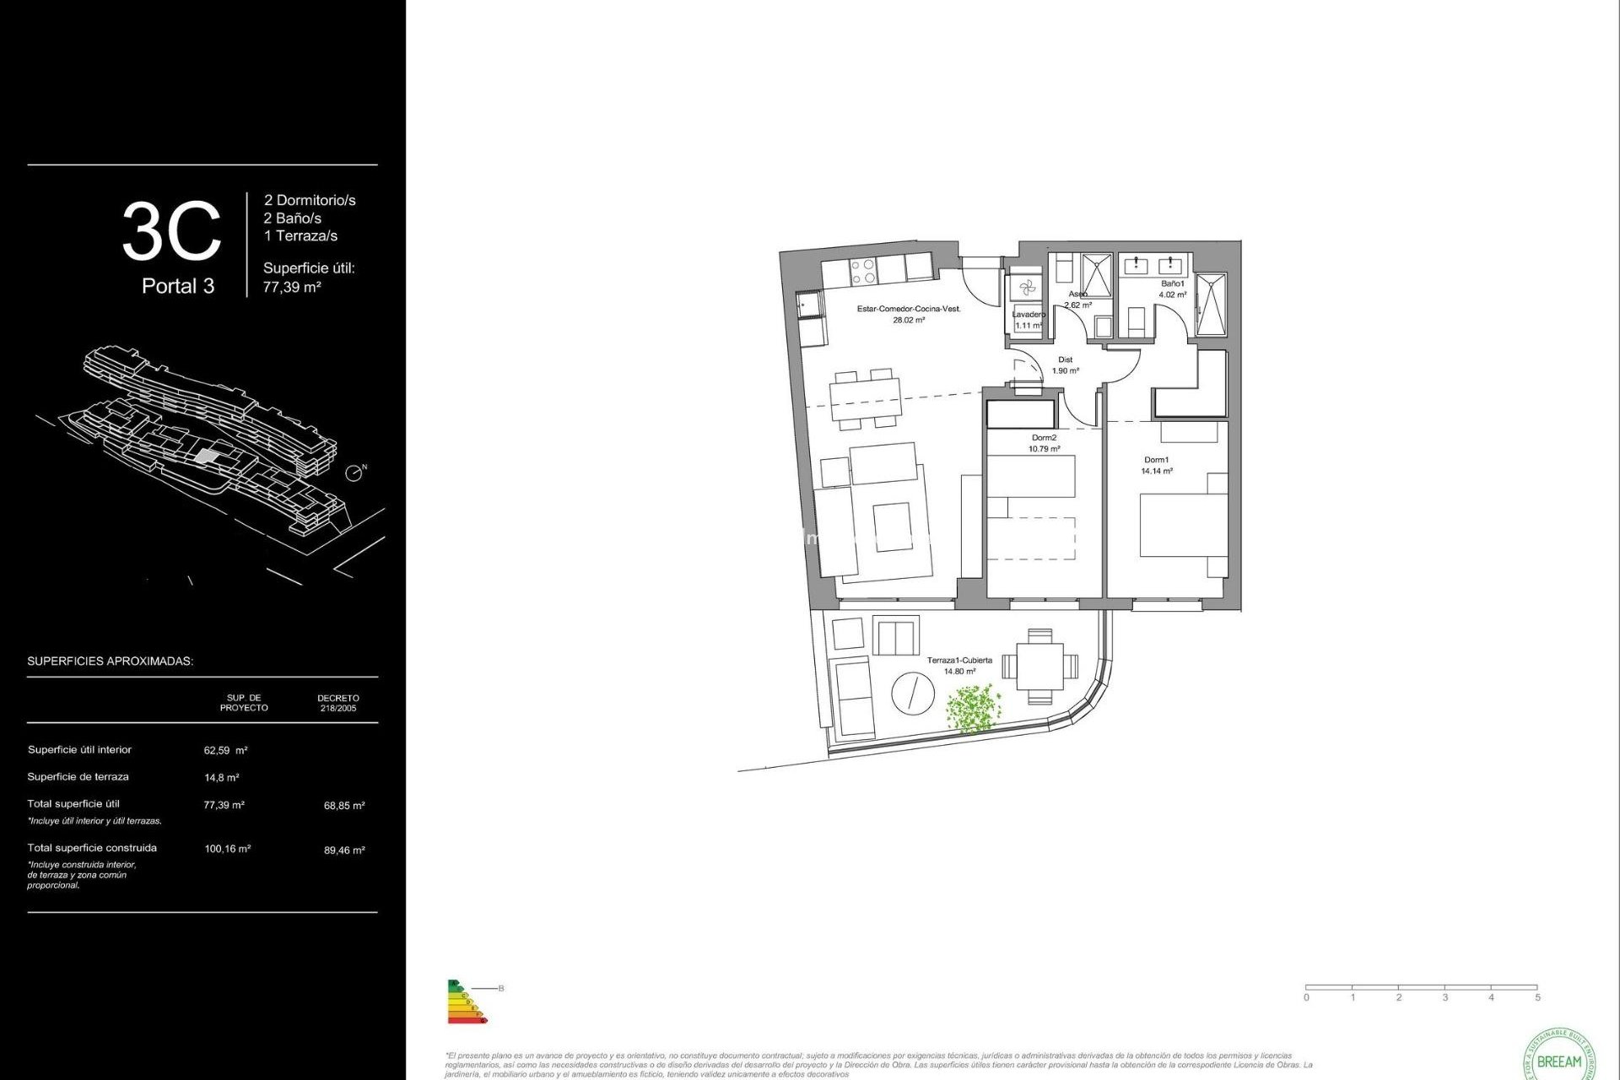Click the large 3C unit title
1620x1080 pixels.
pyautogui.click(x=172, y=231)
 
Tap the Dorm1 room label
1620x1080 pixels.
pyautogui.click(x=1156, y=461)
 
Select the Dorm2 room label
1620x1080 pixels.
pyautogui.click(x=1044, y=439)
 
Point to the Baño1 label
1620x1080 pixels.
pyautogui.click(x=1172, y=284)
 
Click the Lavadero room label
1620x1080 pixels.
pyautogui.click(x=1029, y=315)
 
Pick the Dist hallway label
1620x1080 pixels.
pyautogui.click(x=1065, y=360)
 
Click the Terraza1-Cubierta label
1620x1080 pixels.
pyautogui.click(x=959, y=661)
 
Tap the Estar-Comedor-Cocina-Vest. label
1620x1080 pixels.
pyautogui.click(x=909, y=310)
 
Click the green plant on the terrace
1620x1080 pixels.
pyautogui.click(x=973, y=708)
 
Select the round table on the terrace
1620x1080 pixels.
pyautogui.click(x=913, y=694)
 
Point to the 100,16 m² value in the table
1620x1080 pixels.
pyautogui.click(x=227, y=849)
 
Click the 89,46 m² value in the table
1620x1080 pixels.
pyautogui.click(x=344, y=850)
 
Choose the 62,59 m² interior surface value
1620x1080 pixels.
pyautogui.click(x=225, y=750)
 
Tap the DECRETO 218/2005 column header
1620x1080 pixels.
pyautogui.click(x=338, y=703)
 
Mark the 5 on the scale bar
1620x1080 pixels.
pyautogui.click(x=1537, y=997)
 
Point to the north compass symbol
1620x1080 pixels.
pyautogui.click(x=355, y=472)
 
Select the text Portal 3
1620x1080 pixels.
pyautogui.click(x=178, y=286)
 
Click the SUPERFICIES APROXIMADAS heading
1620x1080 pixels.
pyautogui.click(x=111, y=661)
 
